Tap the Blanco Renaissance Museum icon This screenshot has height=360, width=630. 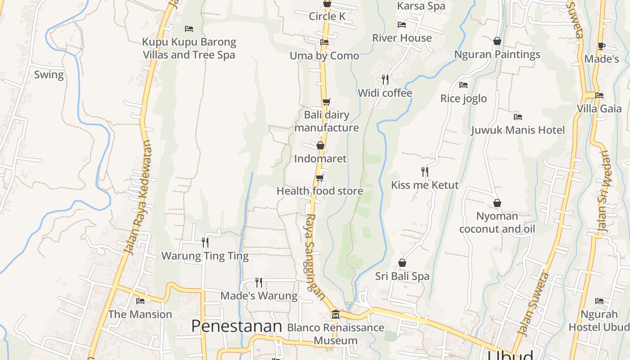[335, 314]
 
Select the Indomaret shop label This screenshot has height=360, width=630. [320, 158]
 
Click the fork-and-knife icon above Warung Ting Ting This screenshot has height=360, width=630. [205, 243]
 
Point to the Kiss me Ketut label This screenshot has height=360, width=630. [425, 185]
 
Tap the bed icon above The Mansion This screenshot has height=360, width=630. [140, 301]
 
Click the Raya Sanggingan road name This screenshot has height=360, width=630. [315, 256]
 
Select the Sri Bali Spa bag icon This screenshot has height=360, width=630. [402, 263]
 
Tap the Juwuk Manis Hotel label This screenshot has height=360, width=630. [517, 130]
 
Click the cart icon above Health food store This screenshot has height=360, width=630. [319, 178]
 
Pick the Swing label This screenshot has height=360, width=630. [49, 75]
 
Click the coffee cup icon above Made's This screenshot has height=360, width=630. [601, 46]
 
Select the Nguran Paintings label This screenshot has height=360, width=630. [497, 54]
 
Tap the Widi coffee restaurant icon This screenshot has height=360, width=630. [385, 80]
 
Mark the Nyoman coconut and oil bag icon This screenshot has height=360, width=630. [497, 203]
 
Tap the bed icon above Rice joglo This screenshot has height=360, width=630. [463, 85]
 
